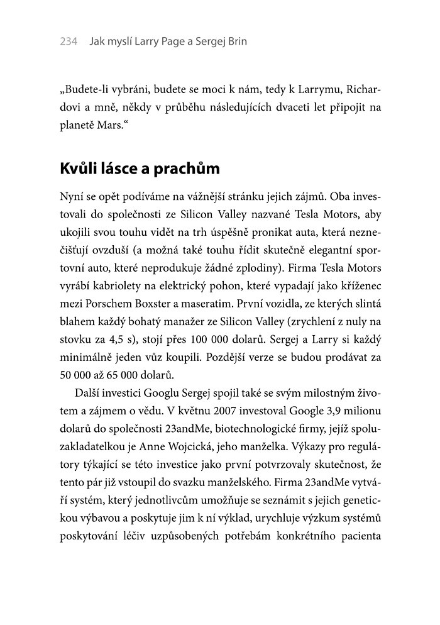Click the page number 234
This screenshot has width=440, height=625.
tap(68, 42)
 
